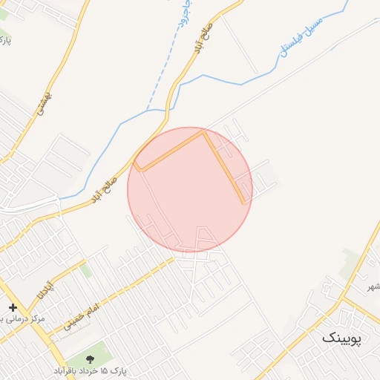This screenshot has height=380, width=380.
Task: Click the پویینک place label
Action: tap(343, 338)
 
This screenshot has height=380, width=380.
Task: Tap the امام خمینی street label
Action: tap(81, 316)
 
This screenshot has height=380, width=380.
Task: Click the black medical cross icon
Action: tap(13, 307)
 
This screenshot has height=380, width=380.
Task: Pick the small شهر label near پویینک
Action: tap(373, 286)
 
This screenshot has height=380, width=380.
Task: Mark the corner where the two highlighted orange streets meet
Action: tap(206, 133)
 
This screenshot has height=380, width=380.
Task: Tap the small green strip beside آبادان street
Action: tap(86, 270)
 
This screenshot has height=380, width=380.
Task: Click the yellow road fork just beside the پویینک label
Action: tap(343, 299)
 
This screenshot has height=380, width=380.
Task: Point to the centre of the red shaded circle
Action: tap(190, 189)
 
